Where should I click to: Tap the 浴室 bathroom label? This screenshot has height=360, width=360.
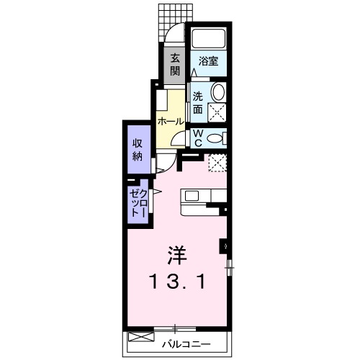point(210,63)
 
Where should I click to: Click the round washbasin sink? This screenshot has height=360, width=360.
point(219,93)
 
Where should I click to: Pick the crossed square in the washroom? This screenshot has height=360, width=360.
point(216,112)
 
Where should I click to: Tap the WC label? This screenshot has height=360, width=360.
point(197,137)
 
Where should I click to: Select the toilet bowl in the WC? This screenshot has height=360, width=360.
point(217,138)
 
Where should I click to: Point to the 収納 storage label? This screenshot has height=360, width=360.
point(137,149)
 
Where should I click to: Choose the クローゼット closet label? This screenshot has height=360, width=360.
point(138,202)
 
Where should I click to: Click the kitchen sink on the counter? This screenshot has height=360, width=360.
point(193,196)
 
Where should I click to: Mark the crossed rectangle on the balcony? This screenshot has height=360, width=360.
point(140,338)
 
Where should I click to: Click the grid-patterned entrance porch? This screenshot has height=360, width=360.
point(171,20)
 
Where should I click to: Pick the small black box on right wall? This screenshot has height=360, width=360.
point(225,246)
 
